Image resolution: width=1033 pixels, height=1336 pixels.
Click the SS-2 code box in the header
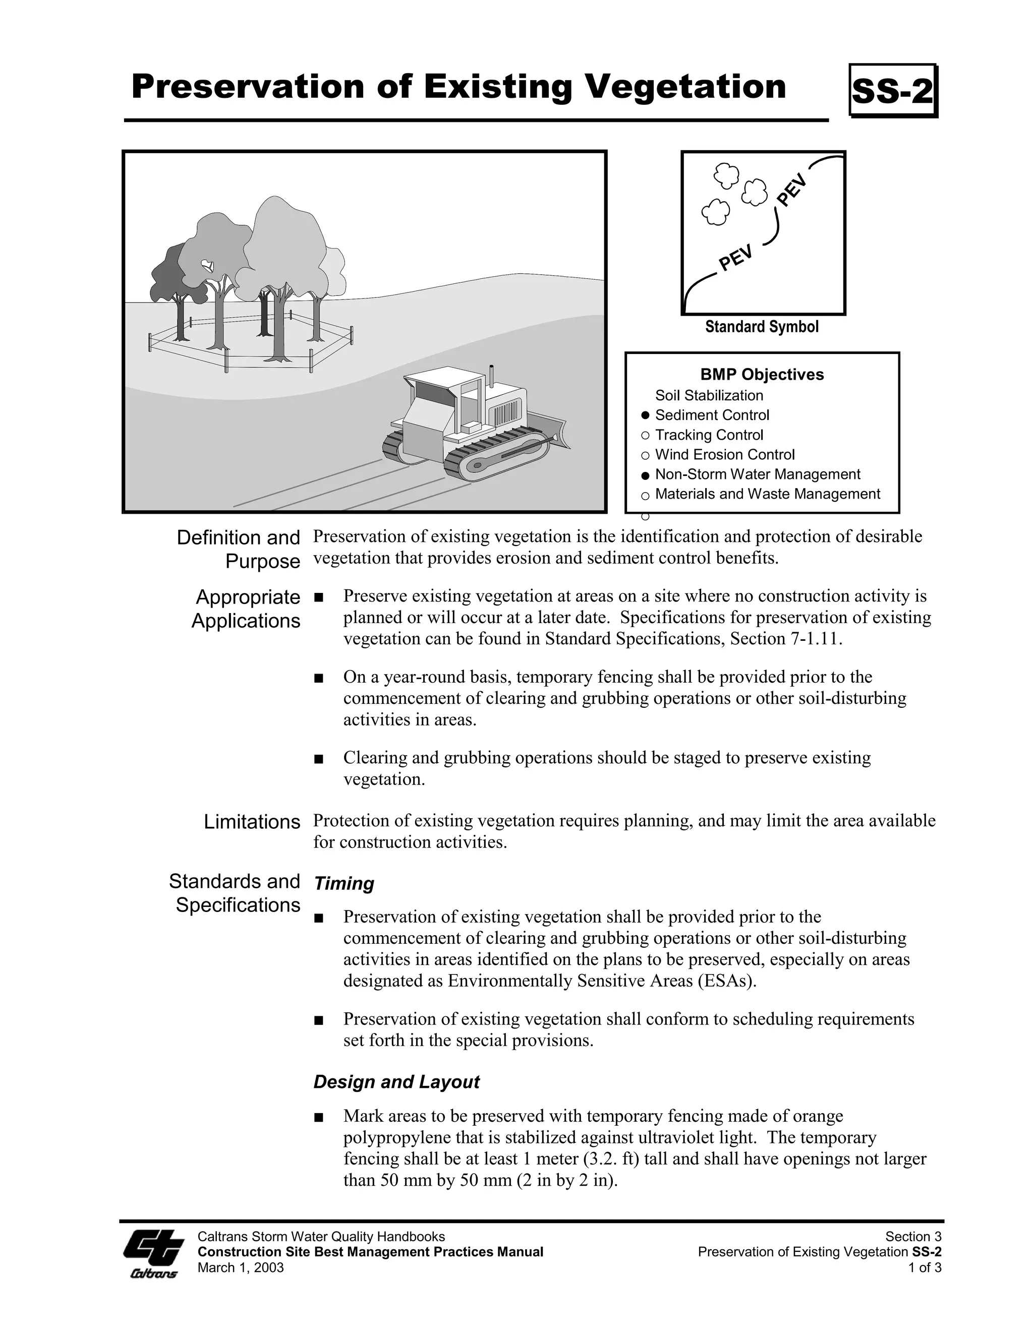[893, 91]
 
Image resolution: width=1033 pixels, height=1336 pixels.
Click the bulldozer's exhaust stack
[490, 376]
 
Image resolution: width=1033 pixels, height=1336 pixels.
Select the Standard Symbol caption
[761, 327]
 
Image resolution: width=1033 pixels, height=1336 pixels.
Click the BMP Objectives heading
[762, 375]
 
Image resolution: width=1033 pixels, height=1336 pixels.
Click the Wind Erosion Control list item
[725, 455]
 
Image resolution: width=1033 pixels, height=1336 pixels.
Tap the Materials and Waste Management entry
[767, 494]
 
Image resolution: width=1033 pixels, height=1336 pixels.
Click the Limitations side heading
[252, 822]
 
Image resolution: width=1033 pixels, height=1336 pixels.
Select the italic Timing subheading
[343, 883]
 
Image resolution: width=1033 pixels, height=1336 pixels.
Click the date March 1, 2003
[241, 1267]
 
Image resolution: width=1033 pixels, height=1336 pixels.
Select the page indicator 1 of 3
[925, 1267]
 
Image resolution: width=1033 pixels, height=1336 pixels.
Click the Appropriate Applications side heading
[246, 609]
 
